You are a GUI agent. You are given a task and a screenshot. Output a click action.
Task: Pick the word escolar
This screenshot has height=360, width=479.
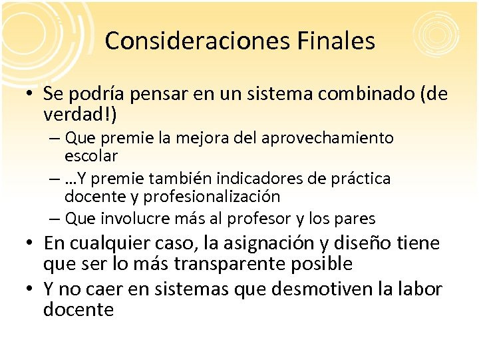pos(91,156)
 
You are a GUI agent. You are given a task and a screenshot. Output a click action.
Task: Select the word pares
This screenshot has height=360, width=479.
pos(357,219)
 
